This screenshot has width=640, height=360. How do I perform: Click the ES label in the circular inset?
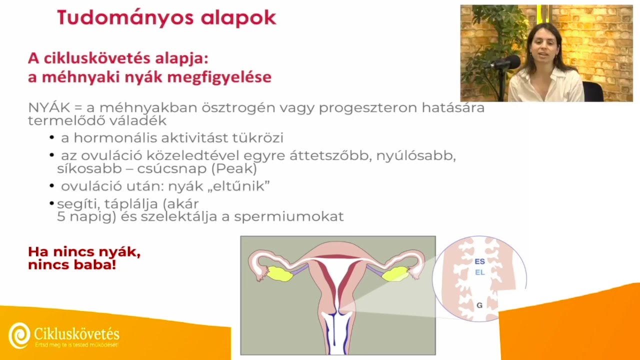pyautogui.click(x=479, y=261)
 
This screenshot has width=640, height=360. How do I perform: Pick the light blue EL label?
pyautogui.click(x=479, y=272)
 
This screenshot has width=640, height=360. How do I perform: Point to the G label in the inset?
pyautogui.click(x=479, y=305)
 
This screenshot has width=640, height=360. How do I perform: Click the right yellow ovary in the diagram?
pyautogui.click(x=394, y=273)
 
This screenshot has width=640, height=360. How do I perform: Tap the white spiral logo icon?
pyautogui.click(x=19, y=334)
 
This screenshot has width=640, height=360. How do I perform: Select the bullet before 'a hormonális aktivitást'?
pyautogui.click(x=52, y=137)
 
